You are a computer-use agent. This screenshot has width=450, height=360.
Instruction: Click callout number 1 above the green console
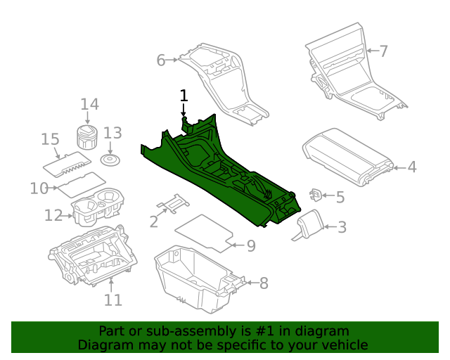(x=184, y=95)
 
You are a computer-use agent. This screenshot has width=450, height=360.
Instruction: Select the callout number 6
(x=161, y=60)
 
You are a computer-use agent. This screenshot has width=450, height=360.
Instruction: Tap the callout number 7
(x=383, y=51)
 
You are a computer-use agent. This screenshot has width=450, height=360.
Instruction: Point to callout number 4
(x=412, y=167)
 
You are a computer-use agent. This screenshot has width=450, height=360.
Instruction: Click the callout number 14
(x=89, y=105)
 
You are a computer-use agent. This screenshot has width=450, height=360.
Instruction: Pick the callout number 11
(x=113, y=300)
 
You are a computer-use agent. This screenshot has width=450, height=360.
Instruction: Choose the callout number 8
(x=264, y=283)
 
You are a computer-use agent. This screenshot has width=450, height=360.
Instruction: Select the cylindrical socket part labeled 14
(x=86, y=137)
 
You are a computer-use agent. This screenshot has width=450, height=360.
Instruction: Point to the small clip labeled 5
(x=316, y=194)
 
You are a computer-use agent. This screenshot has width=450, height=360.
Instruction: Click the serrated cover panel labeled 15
(x=68, y=162)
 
